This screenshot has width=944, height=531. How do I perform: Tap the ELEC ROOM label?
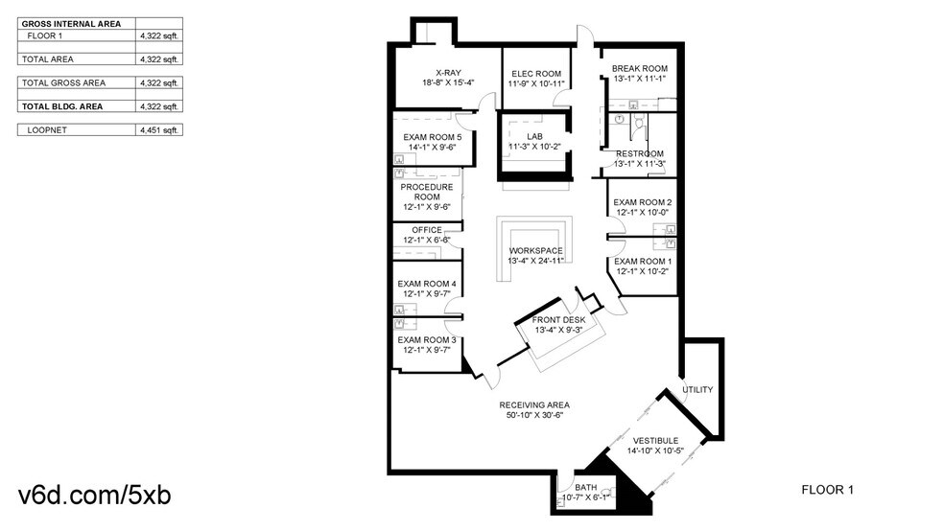536,74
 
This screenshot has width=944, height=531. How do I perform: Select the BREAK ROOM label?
640,68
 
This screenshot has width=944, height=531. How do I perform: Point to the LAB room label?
534,136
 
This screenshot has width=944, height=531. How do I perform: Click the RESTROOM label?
640,153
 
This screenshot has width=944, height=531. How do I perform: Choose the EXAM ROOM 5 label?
433,137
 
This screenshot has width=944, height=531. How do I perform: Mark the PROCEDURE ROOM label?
427,192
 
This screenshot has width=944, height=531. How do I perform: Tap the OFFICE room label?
427,230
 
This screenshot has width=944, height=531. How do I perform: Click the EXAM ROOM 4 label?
427,283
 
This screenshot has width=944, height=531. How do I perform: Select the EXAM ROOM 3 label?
427,339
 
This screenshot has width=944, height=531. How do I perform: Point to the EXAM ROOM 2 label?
643,202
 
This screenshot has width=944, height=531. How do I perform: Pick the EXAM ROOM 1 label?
643,261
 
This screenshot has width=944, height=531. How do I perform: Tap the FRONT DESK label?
565,319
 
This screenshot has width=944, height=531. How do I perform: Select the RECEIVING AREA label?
533,404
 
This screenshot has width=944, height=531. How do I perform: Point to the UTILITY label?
697,389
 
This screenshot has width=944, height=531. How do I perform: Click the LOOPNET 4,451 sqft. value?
159,129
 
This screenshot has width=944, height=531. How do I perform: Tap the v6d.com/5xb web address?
95,496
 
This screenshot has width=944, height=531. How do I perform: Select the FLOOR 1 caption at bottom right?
827,490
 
